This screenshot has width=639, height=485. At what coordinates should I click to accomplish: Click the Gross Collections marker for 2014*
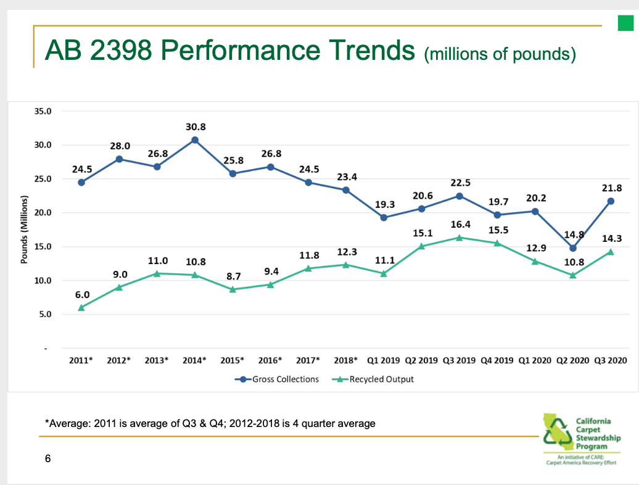pos(195,140)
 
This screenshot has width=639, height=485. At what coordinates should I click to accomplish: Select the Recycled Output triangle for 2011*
pos(81,307)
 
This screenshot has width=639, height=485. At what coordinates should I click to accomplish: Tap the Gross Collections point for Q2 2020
pos(573,248)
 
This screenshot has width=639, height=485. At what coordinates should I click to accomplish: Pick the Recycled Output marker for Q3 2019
pos(459,237)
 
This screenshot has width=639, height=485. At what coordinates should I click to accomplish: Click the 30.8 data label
pos(195,126)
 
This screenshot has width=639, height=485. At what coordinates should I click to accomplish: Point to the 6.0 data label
pos(82,296)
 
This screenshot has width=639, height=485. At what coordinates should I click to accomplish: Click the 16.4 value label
pos(461,223)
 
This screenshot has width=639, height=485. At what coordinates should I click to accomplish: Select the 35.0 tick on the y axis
pos(43,112)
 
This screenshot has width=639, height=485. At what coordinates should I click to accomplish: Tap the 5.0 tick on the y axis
pos(45,315)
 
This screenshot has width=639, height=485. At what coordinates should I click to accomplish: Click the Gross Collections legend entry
pos(277,379)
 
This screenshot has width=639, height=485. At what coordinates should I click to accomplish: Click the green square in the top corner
pos(626,23)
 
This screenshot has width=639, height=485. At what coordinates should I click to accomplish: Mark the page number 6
pos(48,458)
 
